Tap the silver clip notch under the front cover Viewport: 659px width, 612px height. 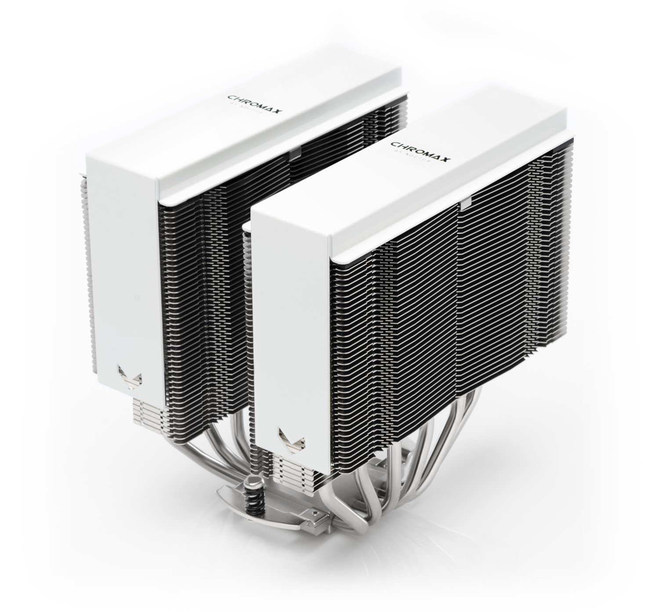tap(465, 203)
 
